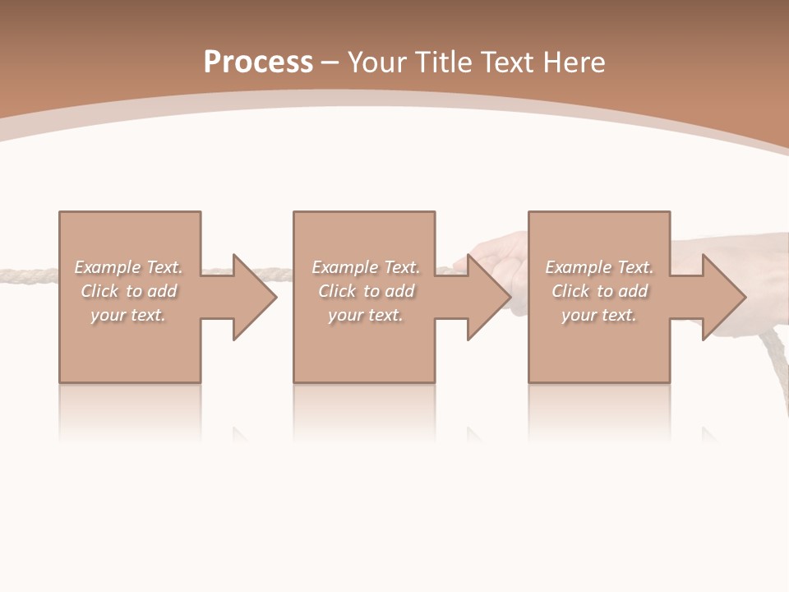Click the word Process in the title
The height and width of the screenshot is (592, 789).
point(258,62)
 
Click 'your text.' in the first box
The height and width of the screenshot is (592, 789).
point(128,315)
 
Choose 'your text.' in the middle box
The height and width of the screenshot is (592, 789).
point(365,315)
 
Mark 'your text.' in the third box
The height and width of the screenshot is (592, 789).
point(599,315)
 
